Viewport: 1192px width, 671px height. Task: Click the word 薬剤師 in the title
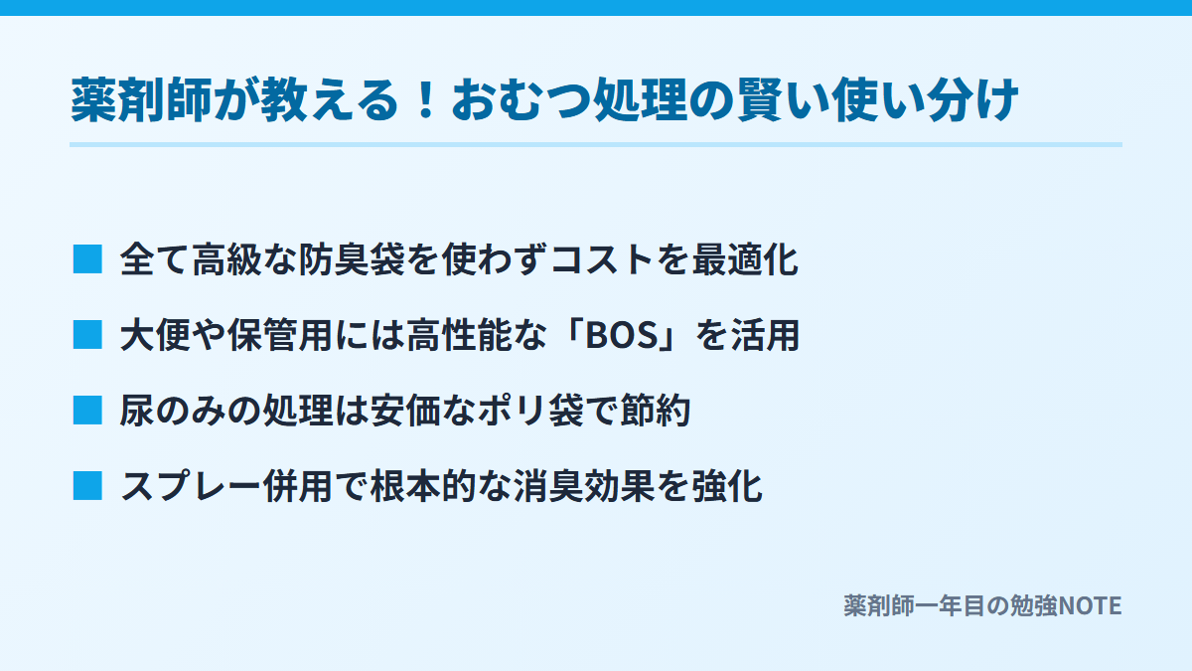(x=141, y=100)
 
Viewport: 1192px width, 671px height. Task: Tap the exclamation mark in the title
(x=426, y=100)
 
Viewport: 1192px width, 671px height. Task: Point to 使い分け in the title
(x=925, y=100)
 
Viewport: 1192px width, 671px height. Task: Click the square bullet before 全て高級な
(x=87, y=259)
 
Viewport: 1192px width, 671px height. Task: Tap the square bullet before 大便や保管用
(x=87, y=335)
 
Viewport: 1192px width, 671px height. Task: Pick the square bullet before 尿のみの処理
(x=87, y=410)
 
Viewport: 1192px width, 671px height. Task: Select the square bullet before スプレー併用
(x=87, y=486)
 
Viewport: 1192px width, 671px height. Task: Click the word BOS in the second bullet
(x=622, y=336)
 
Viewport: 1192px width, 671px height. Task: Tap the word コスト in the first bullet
(x=602, y=259)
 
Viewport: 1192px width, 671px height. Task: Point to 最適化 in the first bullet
(x=745, y=259)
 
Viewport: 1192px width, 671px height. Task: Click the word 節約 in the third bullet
(x=655, y=411)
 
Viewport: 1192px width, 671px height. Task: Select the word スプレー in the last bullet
(x=191, y=486)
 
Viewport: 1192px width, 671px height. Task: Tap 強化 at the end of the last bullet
(x=727, y=486)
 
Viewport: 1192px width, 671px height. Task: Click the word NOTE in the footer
(x=1090, y=606)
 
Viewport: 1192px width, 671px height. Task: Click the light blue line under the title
(x=596, y=144)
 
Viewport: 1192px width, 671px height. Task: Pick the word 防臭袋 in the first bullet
(x=352, y=259)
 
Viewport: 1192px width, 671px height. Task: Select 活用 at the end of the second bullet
(x=765, y=336)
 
